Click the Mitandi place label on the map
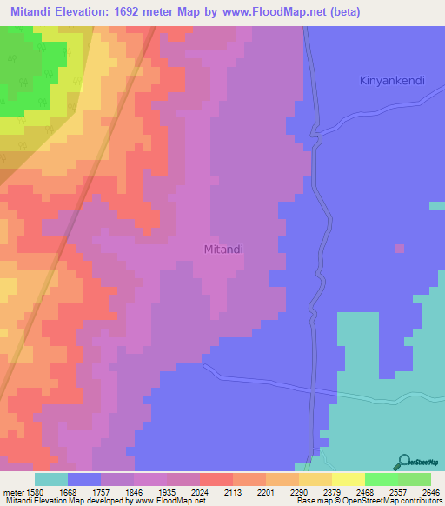pyautogui.click(x=223, y=249)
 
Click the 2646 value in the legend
pyautogui.click(x=430, y=491)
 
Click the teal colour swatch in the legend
pyautogui.click(x=51, y=479)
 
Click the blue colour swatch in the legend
pyautogui.click(x=84, y=479)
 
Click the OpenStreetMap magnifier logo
pyautogui.click(x=404, y=461)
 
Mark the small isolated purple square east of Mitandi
pyautogui.click(x=400, y=249)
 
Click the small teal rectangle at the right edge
pyautogui.click(x=436, y=206)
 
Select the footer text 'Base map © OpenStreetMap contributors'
pyautogui.click(x=368, y=501)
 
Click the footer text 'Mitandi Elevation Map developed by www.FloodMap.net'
pyautogui.click(x=103, y=501)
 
